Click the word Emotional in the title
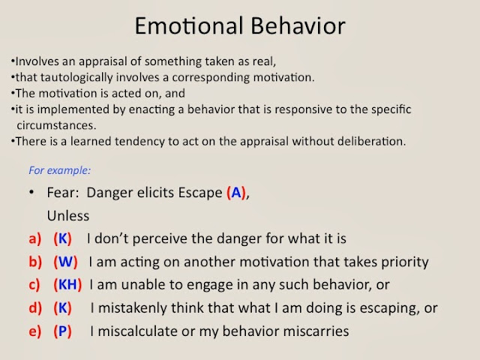[189, 26]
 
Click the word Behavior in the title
[298, 26]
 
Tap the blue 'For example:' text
[60, 170]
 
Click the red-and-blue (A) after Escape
[236, 193]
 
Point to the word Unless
[68, 216]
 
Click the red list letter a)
[35, 238]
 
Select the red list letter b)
[35, 262]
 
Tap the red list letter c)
[34, 285]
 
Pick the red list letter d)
[35, 308]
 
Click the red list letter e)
[35, 331]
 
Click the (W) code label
[65, 262]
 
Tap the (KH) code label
[67, 285]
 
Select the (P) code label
[62, 331]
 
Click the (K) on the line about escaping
[62, 308]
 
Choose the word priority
[405, 262]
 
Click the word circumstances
[56, 125]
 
